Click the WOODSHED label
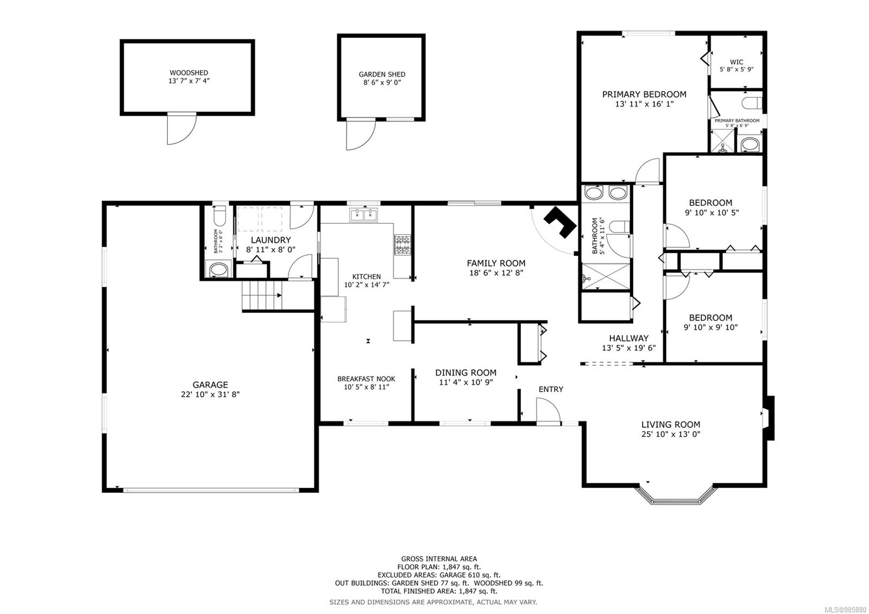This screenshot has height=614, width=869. (188, 72)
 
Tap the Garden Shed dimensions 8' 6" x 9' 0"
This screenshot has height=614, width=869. (382, 83)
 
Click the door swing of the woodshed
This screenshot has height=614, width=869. (179, 129)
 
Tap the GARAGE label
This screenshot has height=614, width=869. (210, 385)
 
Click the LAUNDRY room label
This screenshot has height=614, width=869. (270, 240)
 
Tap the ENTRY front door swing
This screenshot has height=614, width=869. (547, 409)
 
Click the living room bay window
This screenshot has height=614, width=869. (675, 495)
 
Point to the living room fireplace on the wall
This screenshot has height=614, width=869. (769, 417)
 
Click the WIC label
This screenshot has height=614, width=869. (736, 62)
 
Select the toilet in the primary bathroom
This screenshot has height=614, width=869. (752, 102)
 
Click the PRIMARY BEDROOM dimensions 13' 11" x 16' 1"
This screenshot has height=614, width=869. (644, 104)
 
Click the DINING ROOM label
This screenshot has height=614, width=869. (465, 373)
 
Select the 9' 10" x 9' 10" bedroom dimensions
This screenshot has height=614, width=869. (710, 328)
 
